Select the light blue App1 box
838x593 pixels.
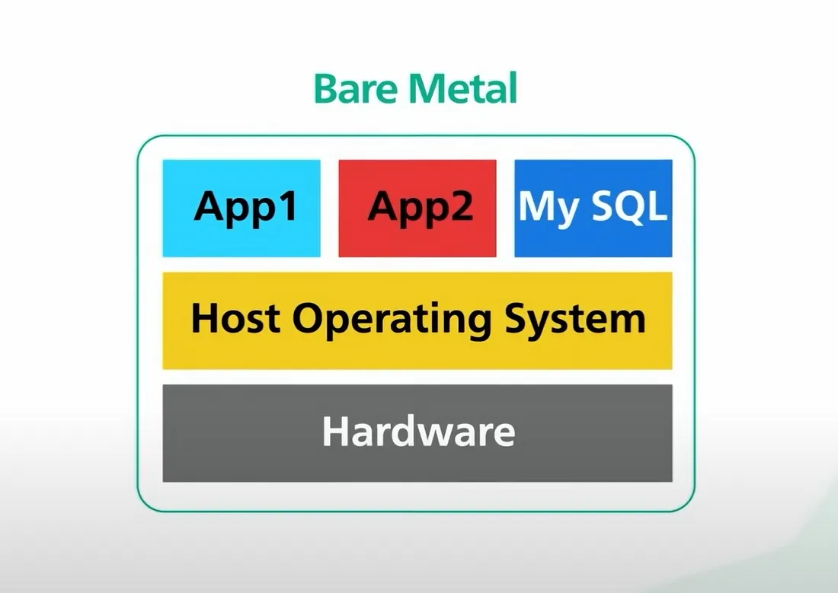click(241, 208)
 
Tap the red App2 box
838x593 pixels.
click(417, 208)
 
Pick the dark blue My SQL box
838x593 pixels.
click(593, 208)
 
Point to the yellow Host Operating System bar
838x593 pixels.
click(417, 320)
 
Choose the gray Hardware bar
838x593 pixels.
click(417, 433)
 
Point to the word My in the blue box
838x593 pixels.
click(547, 207)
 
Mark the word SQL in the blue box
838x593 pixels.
click(628, 206)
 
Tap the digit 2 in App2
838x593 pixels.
click(459, 206)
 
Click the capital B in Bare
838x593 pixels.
click(325, 89)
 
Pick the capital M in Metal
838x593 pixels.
click(424, 89)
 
